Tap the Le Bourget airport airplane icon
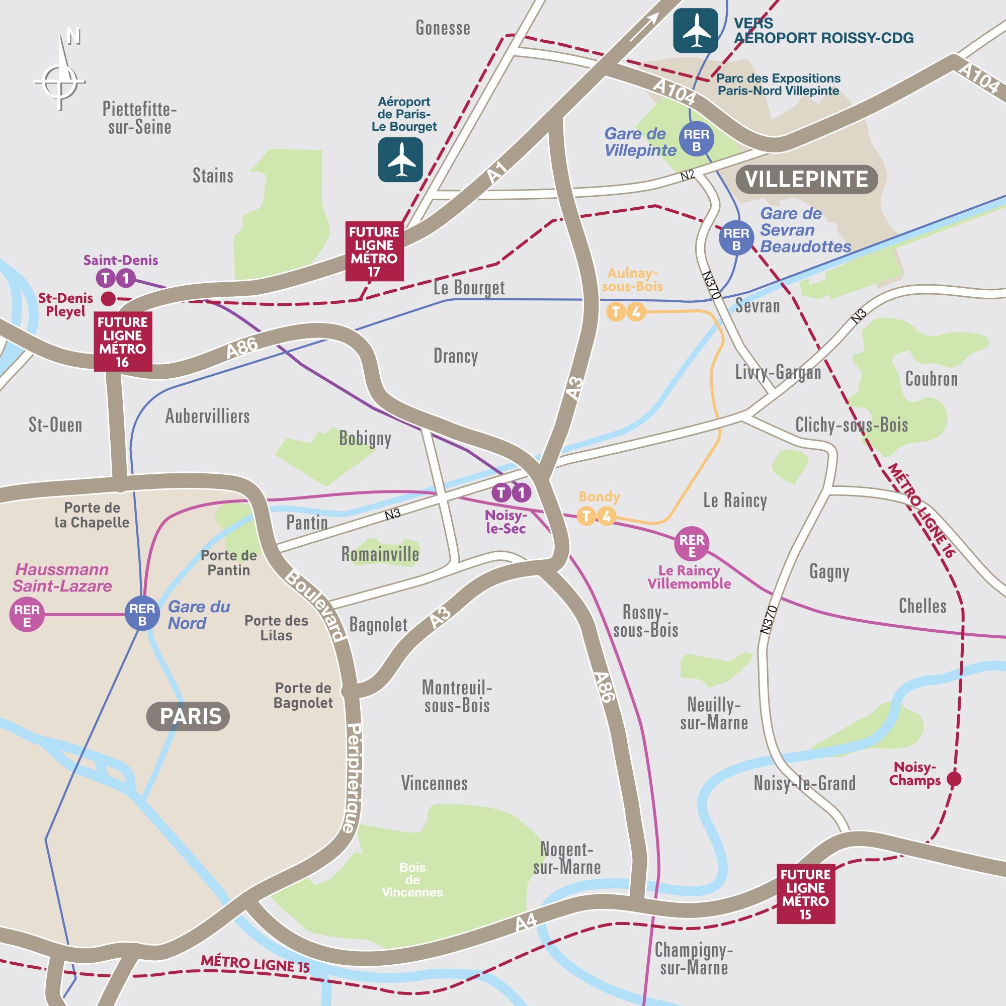(400, 160)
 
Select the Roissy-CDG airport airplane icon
(695, 31)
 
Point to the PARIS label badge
(188, 716)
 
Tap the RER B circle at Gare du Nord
(142, 615)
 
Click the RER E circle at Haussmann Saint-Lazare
(27, 616)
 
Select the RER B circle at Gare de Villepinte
(696, 140)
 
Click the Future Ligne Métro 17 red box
(374, 251)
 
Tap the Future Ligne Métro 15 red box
(805, 894)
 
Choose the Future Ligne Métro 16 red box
(122, 342)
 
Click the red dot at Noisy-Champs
(953, 779)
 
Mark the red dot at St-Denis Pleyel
(108, 299)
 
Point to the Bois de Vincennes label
(412, 879)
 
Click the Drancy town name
(456, 356)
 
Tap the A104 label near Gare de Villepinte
(674, 92)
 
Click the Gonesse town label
(443, 28)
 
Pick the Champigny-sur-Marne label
(693, 959)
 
